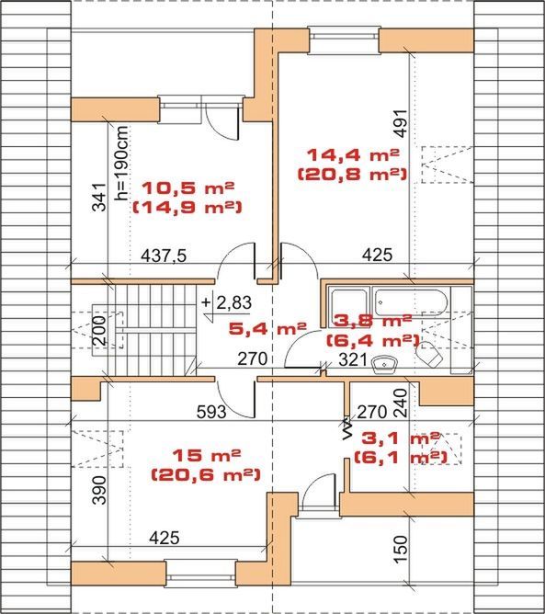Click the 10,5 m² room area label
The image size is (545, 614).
(x=187, y=188)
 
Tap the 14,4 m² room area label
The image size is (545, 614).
(x=353, y=154)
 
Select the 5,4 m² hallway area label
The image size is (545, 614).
(x=267, y=328)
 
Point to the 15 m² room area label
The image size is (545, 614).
(x=207, y=455)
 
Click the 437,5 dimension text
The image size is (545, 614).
(x=164, y=256)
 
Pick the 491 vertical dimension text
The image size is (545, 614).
(x=401, y=123)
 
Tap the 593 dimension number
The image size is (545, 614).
(x=211, y=412)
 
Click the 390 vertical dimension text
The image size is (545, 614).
(x=99, y=490)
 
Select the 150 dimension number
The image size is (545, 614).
(x=401, y=550)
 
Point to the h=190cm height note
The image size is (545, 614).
(x=121, y=163)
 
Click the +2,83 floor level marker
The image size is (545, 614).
(x=227, y=303)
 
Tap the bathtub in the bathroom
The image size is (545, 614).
(x=410, y=302)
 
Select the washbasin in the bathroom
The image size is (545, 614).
(x=383, y=364)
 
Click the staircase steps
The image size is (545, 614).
(x=155, y=330)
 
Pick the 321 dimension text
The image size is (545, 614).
(x=353, y=359)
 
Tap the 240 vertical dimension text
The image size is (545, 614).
(x=401, y=403)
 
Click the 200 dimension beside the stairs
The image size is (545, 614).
(x=99, y=330)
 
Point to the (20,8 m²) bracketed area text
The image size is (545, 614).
(x=352, y=174)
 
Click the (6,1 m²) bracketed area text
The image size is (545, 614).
(x=401, y=458)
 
